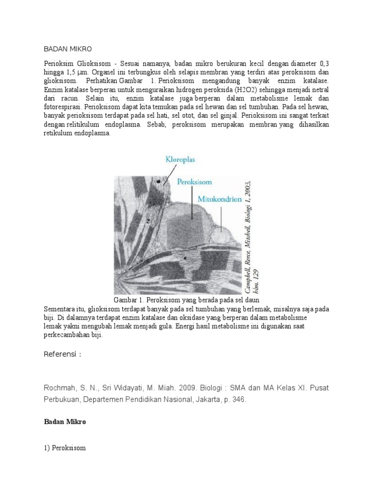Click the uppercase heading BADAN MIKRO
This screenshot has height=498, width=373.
(68, 49)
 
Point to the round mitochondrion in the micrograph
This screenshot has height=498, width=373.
(221, 236)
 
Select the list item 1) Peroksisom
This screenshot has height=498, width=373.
(65, 447)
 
